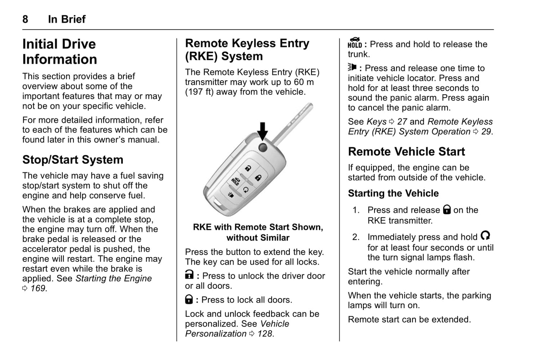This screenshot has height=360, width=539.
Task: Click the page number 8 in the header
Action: [x=25, y=19]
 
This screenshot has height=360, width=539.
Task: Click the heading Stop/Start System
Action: [x=73, y=160]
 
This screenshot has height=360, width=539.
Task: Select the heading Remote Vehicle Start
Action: [x=406, y=151]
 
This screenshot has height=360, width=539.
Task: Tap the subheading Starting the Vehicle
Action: [x=393, y=193]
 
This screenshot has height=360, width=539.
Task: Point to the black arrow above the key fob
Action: [x=263, y=131]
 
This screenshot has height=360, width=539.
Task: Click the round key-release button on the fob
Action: [x=263, y=147]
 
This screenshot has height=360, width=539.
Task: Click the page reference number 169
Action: [x=38, y=288]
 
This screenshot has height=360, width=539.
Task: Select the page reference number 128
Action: [x=265, y=334]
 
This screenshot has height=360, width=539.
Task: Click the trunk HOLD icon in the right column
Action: [x=355, y=43]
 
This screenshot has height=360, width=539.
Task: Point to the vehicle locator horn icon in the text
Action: [x=352, y=68]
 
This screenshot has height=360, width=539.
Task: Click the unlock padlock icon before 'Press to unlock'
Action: [x=189, y=275]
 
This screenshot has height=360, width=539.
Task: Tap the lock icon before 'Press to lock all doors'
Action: [x=189, y=299]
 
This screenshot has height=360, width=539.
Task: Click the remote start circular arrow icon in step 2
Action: [x=485, y=236]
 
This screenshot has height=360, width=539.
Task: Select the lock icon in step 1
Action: [x=446, y=210]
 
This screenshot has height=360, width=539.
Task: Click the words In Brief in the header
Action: [x=67, y=19]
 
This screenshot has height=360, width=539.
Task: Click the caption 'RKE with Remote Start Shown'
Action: [x=258, y=227]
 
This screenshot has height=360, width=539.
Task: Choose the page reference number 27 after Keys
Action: [x=402, y=122]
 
